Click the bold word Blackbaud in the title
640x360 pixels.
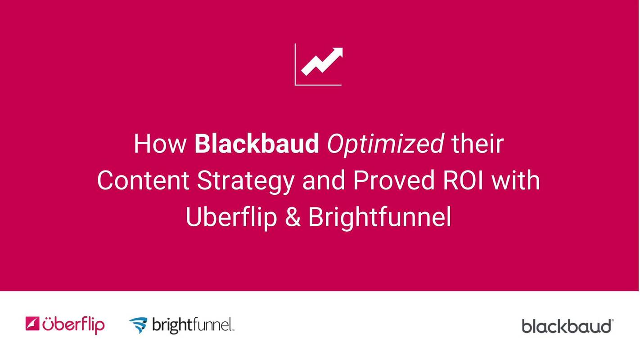(x=257, y=144)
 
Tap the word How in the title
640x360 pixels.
(x=160, y=144)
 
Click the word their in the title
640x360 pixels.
(x=477, y=144)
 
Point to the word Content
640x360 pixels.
(x=143, y=180)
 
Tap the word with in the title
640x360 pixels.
(x=516, y=180)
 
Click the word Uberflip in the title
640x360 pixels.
(x=231, y=217)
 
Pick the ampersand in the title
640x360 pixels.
(x=293, y=217)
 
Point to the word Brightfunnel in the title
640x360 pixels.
(x=379, y=217)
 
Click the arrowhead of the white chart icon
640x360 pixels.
(x=337, y=53)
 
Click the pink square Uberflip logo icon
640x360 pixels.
(x=32, y=324)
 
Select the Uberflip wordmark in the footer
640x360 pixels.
(x=73, y=324)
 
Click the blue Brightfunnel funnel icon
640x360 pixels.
(x=138, y=325)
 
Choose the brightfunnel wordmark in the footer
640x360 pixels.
(x=193, y=325)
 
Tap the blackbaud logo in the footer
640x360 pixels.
(x=567, y=326)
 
